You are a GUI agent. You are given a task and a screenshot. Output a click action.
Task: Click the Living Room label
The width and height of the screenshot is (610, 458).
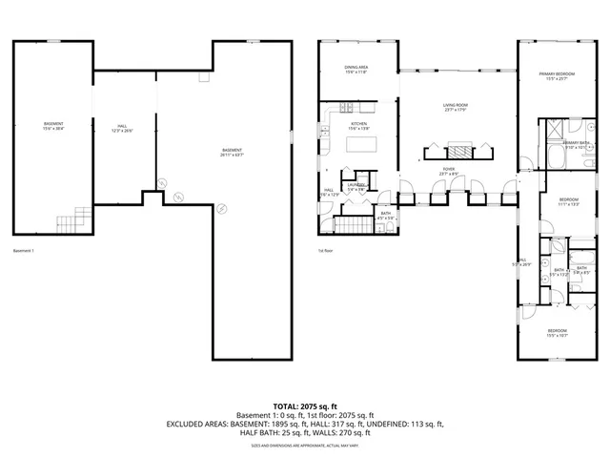(454, 107)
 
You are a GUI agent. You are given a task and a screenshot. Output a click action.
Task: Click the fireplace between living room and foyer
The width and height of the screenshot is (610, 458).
(459, 149)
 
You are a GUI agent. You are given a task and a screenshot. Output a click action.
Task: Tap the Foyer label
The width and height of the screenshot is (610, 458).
(447, 171)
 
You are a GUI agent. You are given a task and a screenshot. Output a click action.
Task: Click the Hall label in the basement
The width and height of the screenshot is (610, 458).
(122, 127)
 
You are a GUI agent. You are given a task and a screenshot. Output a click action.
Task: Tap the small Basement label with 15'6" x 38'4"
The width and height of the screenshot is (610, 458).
(53, 126)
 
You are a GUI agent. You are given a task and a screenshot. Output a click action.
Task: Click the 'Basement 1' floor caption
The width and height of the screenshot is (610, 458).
(24, 251)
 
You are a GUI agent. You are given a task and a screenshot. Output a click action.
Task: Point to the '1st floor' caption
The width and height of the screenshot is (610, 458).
(325, 251)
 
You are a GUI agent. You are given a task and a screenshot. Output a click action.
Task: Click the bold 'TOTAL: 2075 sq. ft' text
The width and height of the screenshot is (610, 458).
(305, 406)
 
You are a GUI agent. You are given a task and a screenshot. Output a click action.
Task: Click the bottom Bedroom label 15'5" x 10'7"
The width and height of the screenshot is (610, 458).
(557, 332)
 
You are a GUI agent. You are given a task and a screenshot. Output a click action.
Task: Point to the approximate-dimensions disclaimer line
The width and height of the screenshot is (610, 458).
(305, 445)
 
